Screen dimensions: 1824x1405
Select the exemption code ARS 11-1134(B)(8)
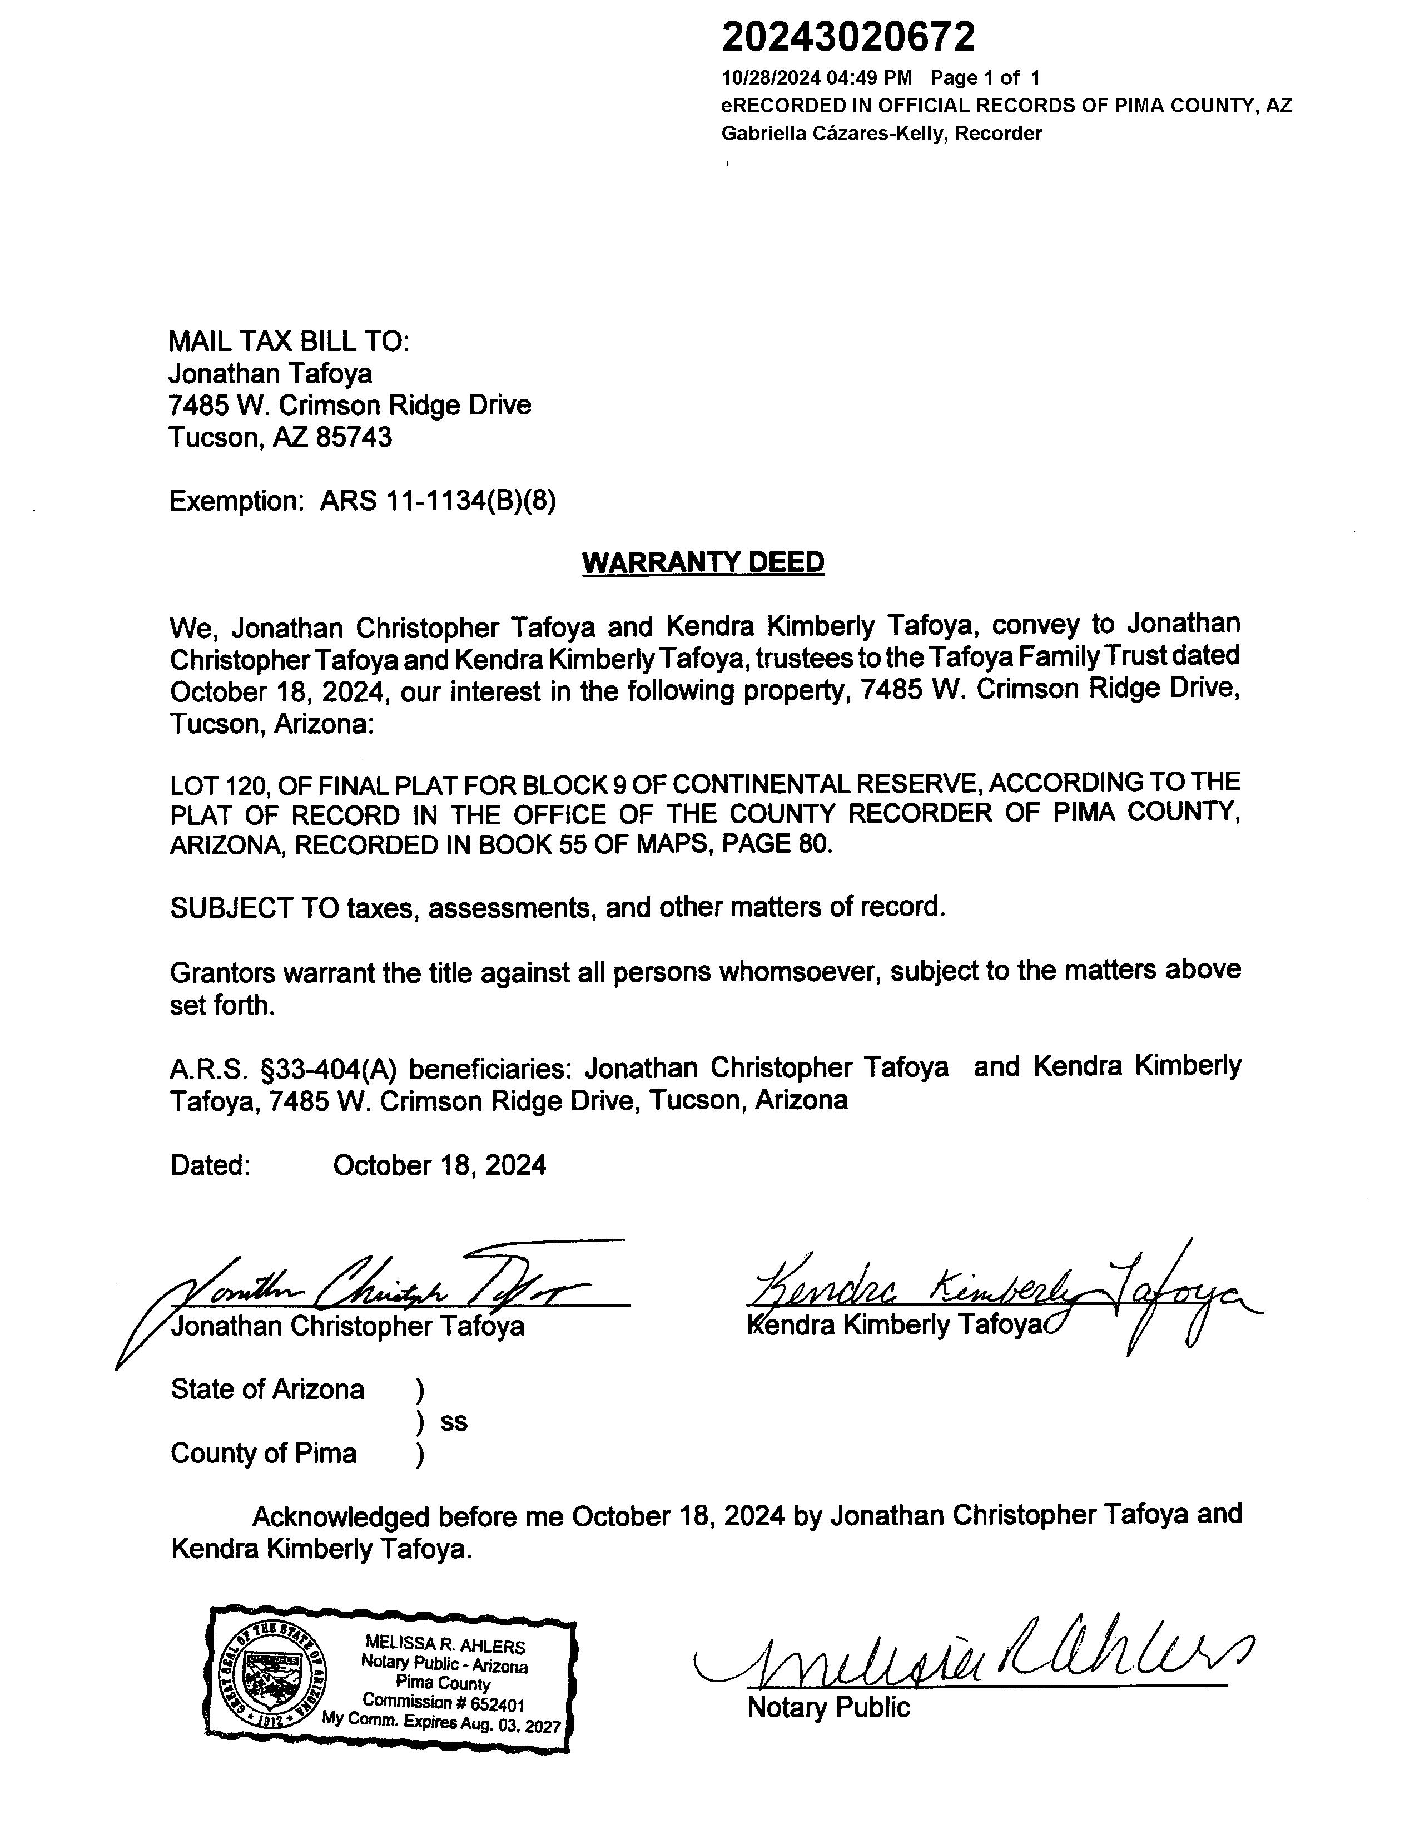click(x=438, y=501)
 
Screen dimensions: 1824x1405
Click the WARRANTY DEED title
click(x=703, y=562)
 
